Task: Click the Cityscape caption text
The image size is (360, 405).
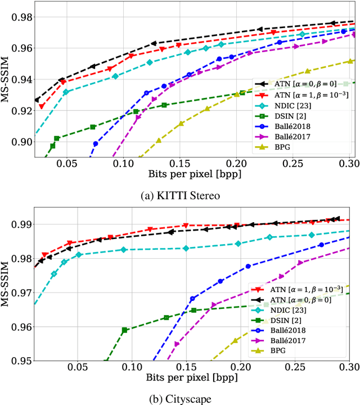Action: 180,399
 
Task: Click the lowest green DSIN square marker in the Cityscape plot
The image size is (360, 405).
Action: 125,330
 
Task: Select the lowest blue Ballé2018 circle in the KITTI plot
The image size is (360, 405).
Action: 96,144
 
